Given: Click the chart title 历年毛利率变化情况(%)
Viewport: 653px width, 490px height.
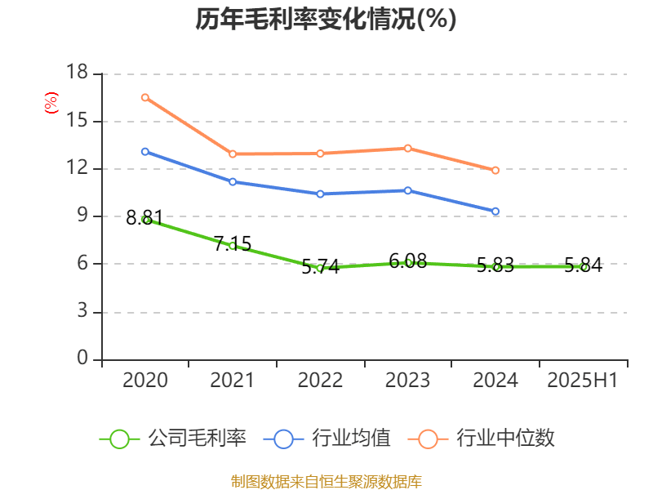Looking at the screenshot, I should point(326,19).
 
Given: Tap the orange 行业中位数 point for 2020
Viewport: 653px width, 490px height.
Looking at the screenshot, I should point(145,97).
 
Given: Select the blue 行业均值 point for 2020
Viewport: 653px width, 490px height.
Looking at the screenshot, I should point(145,151).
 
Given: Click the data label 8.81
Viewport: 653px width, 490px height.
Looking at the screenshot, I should point(144,217).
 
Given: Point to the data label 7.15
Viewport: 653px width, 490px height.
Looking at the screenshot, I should point(233,243).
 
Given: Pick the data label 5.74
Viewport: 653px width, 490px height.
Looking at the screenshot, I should point(320,266).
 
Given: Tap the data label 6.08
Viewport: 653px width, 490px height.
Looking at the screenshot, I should point(408,261).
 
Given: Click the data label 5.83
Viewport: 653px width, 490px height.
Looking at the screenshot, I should point(495,265).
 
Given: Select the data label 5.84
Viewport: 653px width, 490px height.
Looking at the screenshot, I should point(583,265).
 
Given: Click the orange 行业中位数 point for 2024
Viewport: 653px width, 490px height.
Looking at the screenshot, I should point(495,171).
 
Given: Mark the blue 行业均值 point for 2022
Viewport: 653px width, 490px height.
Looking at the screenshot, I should point(320,194).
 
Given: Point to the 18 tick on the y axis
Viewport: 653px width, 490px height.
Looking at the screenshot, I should point(78,73).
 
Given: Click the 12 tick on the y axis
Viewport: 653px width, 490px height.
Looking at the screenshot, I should point(78,169).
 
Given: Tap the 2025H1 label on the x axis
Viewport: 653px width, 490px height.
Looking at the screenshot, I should point(583,381).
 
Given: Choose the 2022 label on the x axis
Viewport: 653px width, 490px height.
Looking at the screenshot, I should point(320,381).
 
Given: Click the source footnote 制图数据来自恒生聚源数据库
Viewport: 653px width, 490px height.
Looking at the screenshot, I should point(326,481).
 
